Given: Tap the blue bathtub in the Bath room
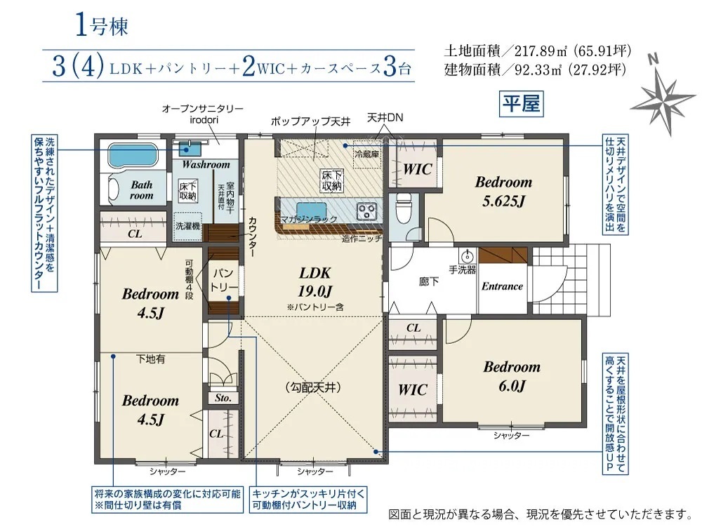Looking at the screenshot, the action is [133, 156].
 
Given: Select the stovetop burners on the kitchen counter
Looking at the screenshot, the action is [367, 211].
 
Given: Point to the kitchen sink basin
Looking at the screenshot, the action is [311, 210].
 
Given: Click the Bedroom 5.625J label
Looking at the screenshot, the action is [503, 192].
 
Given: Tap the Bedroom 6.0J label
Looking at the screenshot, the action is [512, 376].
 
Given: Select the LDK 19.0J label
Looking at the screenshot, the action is [315, 282].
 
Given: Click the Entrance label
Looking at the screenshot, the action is [502, 286].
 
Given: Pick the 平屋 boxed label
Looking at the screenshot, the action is [521, 104].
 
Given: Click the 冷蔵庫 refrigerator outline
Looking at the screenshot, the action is [366, 154].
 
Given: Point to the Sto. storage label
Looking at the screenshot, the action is [223, 398].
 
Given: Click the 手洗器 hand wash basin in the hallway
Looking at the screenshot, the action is [467, 256].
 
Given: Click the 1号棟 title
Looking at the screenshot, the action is [102, 25].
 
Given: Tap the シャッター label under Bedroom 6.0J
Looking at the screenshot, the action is [511, 435].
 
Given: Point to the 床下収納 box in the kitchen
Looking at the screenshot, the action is [332, 180].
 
